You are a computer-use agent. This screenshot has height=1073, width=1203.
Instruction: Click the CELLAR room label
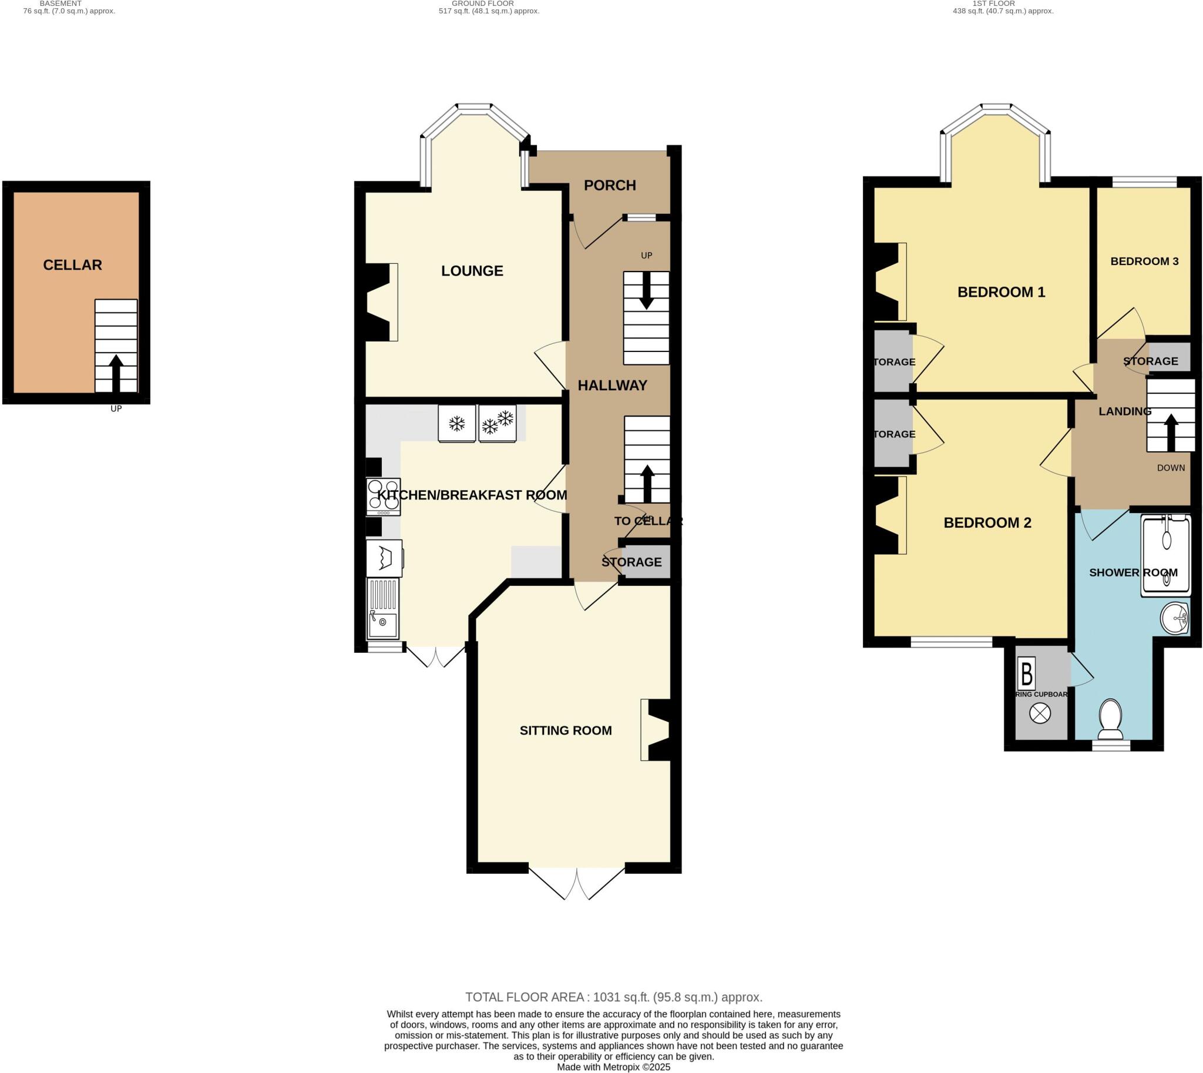(x=72, y=264)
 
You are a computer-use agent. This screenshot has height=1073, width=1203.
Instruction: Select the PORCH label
(x=610, y=185)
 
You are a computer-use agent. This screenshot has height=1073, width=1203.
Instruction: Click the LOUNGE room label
(x=472, y=271)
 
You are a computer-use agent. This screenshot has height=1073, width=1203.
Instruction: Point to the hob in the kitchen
(x=383, y=496)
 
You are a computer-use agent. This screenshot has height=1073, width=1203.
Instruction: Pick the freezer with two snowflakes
(x=497, y=423)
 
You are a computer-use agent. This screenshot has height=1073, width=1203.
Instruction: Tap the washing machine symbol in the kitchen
(x=384, y=558)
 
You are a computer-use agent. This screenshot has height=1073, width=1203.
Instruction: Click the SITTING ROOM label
(x=565, y=730)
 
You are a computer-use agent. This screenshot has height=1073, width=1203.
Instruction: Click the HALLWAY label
(x=612, y=385)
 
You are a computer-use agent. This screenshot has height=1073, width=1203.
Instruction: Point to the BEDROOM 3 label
(x=1144, y=261)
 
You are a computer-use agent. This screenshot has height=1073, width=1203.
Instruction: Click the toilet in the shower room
(x=1110, y=719)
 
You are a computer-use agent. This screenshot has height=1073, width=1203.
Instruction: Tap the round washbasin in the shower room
(x=1174, y=618)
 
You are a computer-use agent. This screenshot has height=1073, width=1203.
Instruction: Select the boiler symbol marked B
(x=1026, y=673)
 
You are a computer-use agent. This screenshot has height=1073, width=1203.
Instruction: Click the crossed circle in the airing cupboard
(x=1040, y=713)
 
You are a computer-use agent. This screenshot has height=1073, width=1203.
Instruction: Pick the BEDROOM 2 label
(x=987, y=522)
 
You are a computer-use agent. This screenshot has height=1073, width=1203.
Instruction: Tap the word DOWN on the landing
(x=1171, y=468)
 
